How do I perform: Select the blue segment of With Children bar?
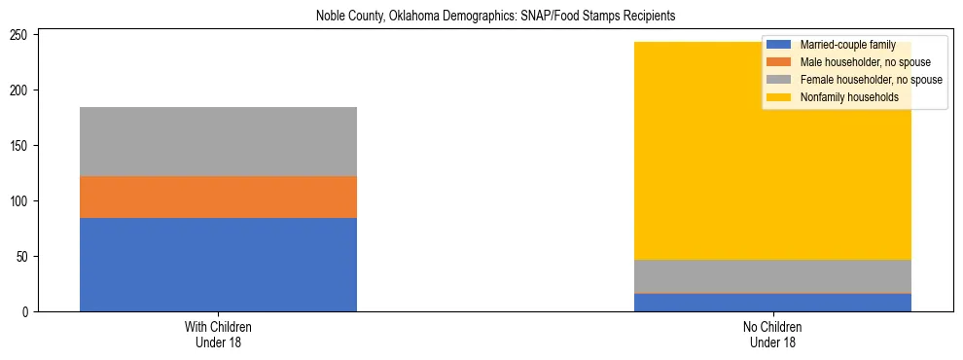[x=218, y=265]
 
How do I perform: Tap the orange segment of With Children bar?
[x=218, y=197]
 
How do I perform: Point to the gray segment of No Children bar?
[x=772, y=275]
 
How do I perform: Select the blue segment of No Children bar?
[x=772, y=303]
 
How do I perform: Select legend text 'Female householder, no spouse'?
[x=871, y=80]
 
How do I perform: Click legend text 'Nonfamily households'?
[x=848, y=97]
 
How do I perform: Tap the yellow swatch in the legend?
[x=779, y=97]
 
